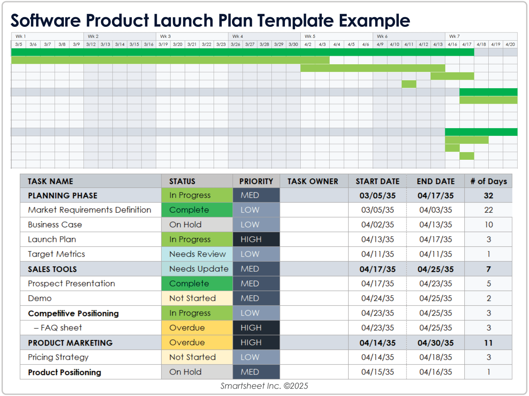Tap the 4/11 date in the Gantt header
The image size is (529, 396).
point(409,44)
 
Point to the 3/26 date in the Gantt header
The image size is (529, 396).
point(235,44)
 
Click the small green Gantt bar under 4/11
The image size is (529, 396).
point(409,84)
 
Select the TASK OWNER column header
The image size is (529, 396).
point(313,181)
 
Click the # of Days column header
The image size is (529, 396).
point(488,181)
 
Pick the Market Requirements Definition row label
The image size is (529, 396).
point(90,210)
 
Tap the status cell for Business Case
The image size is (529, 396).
point(197,224)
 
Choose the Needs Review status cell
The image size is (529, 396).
point(197,254)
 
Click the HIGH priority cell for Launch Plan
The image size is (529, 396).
point(256,239)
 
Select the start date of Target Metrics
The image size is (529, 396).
point(377,254)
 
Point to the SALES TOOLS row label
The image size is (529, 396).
point(52,269)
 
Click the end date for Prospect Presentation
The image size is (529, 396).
point(435,284)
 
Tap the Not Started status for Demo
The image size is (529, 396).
point(197,298)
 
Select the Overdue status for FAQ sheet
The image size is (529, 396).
point(197,328)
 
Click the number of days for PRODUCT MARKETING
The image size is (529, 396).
point(488,343)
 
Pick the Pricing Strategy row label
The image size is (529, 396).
point(58,357)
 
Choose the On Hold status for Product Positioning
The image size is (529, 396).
point(197,372)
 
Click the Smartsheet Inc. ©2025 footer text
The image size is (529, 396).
point(264,386)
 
